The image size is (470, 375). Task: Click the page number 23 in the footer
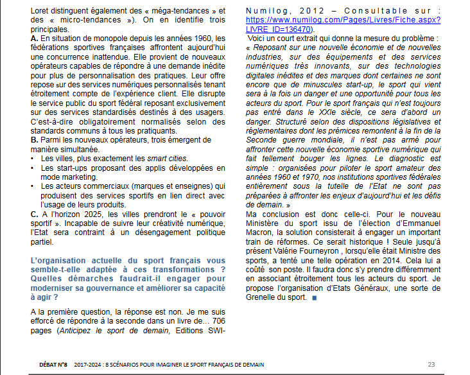click(x=431, y=365)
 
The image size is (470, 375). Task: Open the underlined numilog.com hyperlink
click(x=344, y=24)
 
